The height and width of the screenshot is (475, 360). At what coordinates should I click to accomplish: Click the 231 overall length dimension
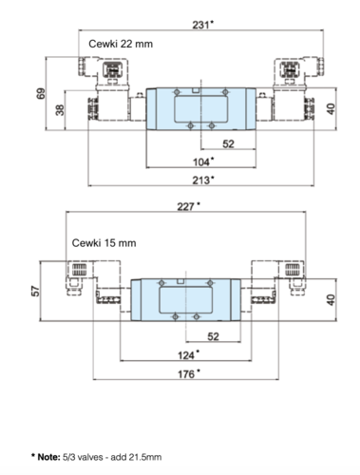pyautogui.click(x=201, y=25)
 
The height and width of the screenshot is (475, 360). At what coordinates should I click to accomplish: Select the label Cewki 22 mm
pyautogui.click(x=121, y=44)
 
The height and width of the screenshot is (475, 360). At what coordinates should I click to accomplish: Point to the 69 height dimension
pyautogui.click(x=41, y=94)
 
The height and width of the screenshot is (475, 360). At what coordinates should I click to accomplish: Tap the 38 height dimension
pyautogui.click(x=60, y=110)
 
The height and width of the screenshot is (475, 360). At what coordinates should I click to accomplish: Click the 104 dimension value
pyautogui.click(x=201, y=162)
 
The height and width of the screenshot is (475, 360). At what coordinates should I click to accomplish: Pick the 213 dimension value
pyautogui.click(x=201, y=180)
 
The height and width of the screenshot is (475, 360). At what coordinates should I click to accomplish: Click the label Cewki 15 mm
pyautogui.click(x=104, y=243)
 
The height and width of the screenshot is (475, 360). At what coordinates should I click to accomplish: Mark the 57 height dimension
pyautogui.click(x=36, y=291)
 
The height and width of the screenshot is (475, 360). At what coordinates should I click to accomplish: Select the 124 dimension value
pyautogui.click(x=186, y=355)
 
